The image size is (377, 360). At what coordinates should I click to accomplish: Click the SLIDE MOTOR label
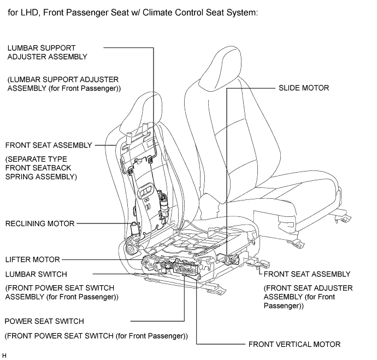pos(304,88)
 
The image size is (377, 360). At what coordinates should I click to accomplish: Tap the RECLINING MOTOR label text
pos(40,223)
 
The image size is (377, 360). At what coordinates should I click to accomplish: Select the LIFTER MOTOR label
pos(32,259)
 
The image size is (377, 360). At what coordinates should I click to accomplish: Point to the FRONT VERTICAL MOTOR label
pos(294,344)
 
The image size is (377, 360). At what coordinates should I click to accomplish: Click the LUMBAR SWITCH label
pos(36,274)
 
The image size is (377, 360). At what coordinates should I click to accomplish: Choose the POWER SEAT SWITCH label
pos(44,321)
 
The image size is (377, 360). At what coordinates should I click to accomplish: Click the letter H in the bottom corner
pos(4,356)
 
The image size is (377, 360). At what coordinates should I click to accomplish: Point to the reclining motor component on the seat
pos(134,229)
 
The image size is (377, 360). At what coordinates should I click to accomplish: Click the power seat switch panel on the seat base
pos(185,268)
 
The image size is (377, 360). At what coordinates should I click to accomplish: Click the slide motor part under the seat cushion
pos(229,259)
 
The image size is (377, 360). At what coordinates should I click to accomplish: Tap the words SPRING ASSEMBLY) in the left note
pos(41,176)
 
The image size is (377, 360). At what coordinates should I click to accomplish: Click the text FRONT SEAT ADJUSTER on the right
pos(308,288)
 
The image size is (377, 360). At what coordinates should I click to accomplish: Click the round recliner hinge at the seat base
pos(130,250)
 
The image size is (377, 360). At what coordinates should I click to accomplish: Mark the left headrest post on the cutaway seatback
pos(128,138)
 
